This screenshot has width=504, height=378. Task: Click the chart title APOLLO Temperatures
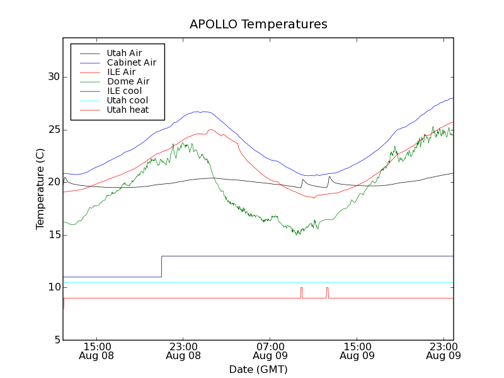pos(258,25)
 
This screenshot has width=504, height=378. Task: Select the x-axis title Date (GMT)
pos(258,369)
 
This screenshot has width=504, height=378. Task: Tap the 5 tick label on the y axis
pos(55,340)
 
